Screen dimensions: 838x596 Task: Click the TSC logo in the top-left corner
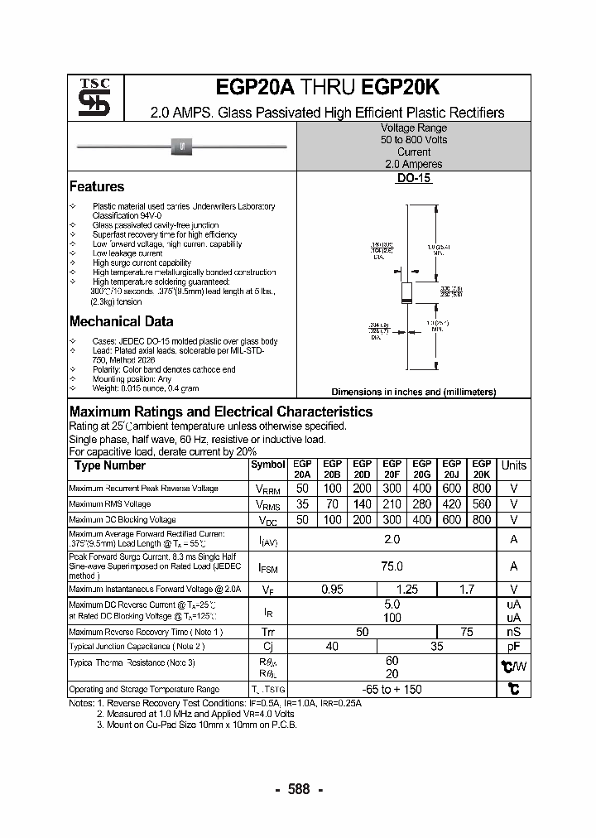click(89, 97)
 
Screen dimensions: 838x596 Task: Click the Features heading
click(97, 187)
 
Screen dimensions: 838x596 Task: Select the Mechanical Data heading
click(121, 321)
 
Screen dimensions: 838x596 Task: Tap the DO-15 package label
click(414, 178)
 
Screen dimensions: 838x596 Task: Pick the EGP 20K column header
click(481, 470)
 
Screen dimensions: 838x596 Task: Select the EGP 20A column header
click(302, 470)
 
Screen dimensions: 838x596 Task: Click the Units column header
click(513, 465)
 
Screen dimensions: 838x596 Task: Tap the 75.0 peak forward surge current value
click(392, 566)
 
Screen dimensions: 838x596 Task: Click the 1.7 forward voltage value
click(466, 590)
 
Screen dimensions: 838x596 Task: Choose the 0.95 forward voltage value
click(332, 590)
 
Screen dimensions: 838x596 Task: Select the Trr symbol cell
click(267, 632)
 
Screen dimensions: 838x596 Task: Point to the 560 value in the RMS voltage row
click(481, 503)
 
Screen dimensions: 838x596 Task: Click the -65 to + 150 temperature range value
click(392, 689)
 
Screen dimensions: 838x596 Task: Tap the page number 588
click(298, 789)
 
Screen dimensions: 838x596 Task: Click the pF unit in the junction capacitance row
click(513, 646)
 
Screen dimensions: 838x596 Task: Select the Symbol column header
click(267, 465)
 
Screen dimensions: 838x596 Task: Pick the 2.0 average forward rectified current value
click(392, 540)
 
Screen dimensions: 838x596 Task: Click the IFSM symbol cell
click(267, 567)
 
